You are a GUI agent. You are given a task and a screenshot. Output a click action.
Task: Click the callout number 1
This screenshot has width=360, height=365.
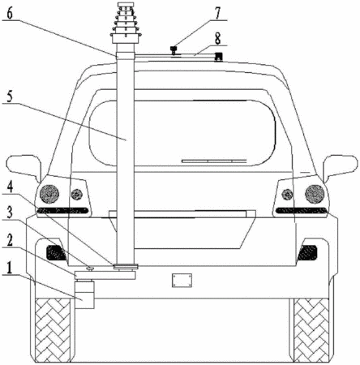[10, 268]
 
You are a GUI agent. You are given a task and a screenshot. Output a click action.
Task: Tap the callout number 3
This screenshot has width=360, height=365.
[10, 213]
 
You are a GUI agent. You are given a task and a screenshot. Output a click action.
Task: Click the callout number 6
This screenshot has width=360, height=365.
[10, 14]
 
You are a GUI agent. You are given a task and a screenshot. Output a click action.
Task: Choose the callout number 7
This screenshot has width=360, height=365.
[218, 13]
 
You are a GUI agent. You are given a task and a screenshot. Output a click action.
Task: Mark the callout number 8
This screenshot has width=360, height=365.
[218, 39]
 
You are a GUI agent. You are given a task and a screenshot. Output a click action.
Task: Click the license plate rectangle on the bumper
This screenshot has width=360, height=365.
[182, 280]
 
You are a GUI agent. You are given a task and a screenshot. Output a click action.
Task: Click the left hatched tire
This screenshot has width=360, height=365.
[53, 330]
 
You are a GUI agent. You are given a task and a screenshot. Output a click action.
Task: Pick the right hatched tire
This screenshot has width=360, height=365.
[311, 330]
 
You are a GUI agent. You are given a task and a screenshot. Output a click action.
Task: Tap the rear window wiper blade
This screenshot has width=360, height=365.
[214, 161]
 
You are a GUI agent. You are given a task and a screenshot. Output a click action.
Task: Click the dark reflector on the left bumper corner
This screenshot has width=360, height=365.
[56, 252]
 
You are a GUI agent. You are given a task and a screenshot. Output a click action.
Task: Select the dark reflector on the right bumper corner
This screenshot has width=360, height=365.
[307, 252]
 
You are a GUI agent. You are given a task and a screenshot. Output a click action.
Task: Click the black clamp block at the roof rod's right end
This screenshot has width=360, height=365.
[218, 57]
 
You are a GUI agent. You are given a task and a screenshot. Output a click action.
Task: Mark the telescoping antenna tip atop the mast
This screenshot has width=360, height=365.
[126, 5]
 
